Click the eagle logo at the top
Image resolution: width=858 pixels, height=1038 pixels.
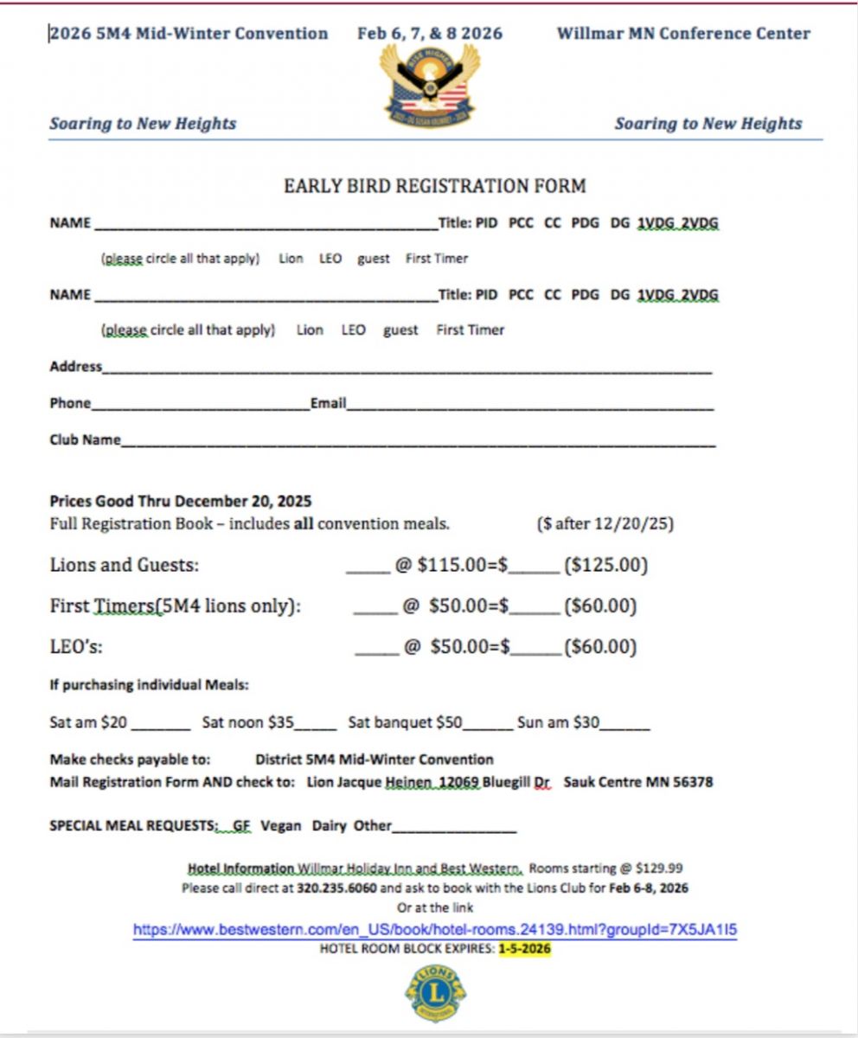point(429,85)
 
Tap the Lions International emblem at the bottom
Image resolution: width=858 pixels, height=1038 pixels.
point(435,993)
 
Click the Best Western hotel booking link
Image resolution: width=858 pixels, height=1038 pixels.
point(435,931)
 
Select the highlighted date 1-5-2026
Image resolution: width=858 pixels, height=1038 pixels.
point(524,949)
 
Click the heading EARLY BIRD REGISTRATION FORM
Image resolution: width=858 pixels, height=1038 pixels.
point(435,186)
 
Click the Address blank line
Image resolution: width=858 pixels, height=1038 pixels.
point(407,368)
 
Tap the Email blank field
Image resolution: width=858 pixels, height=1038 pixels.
point(529,405)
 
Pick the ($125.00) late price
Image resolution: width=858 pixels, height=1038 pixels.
point(605,566)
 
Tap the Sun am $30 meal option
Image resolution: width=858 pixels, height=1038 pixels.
point(558,722)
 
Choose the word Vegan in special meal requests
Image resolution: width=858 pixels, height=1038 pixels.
point(281,826)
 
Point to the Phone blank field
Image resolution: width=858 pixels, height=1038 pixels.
point(199,405)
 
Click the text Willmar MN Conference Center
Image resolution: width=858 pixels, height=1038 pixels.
point(683,34)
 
